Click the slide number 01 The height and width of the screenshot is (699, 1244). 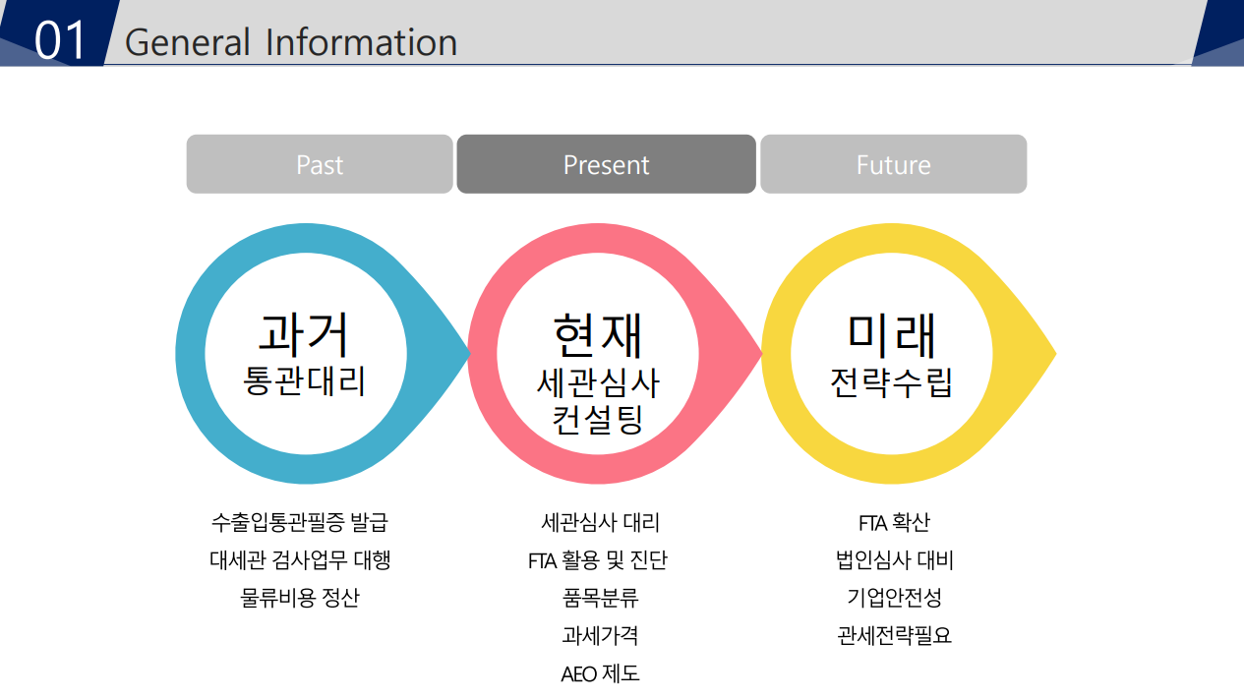coord(59,40)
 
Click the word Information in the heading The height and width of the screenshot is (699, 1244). coord(362,42)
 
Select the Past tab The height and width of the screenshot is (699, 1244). coord(320,164)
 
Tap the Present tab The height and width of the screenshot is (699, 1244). coord(606,164)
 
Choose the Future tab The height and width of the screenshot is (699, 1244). coord(894,164)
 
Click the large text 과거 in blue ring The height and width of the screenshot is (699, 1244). coord(303,335)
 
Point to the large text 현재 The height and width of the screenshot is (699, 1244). coord(598,335)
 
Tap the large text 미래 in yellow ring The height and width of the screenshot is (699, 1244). coord(891,335)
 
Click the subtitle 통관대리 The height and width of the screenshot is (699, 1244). coord(304,380)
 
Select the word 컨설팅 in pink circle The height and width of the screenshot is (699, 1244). coord(598,419)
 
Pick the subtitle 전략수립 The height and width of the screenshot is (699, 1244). coord(891,382)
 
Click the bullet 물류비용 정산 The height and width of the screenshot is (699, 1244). coord(300,598)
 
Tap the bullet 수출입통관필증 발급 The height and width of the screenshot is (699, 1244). coord(300,522)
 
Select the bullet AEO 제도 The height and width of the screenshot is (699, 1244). coord(600,673)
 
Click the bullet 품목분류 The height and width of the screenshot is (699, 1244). coord(600,598)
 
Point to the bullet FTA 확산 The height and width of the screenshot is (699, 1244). coord(894,522)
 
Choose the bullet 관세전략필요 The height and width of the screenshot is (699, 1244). coord(894,635)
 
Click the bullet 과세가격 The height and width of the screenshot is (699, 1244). coord(600,635)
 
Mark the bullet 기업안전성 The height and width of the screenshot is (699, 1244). coord(894,598)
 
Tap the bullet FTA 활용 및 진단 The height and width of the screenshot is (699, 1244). coord(598,559)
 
